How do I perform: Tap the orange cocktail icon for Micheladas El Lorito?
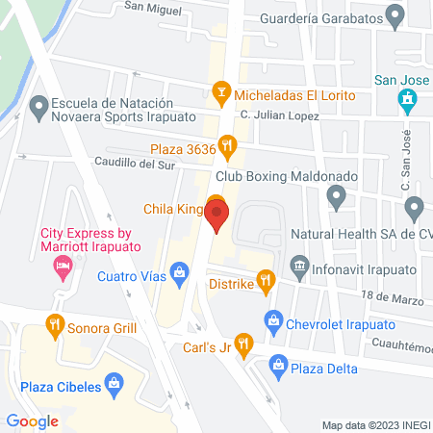pyautogui.click(x=221, y=95)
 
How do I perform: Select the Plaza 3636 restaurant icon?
pyautogui.click(x=227, y=147)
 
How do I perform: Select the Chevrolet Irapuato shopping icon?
pyautogui.click(x=274, y=319)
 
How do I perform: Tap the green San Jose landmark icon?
pyautogui.click(x=407, y=98)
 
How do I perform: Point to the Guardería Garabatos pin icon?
pyautogui.click(x=394, y=15)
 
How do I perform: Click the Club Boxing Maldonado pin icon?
pyautogui.click(x=336, y=197)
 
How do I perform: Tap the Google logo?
pyautogui.click(x=32, y=420)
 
